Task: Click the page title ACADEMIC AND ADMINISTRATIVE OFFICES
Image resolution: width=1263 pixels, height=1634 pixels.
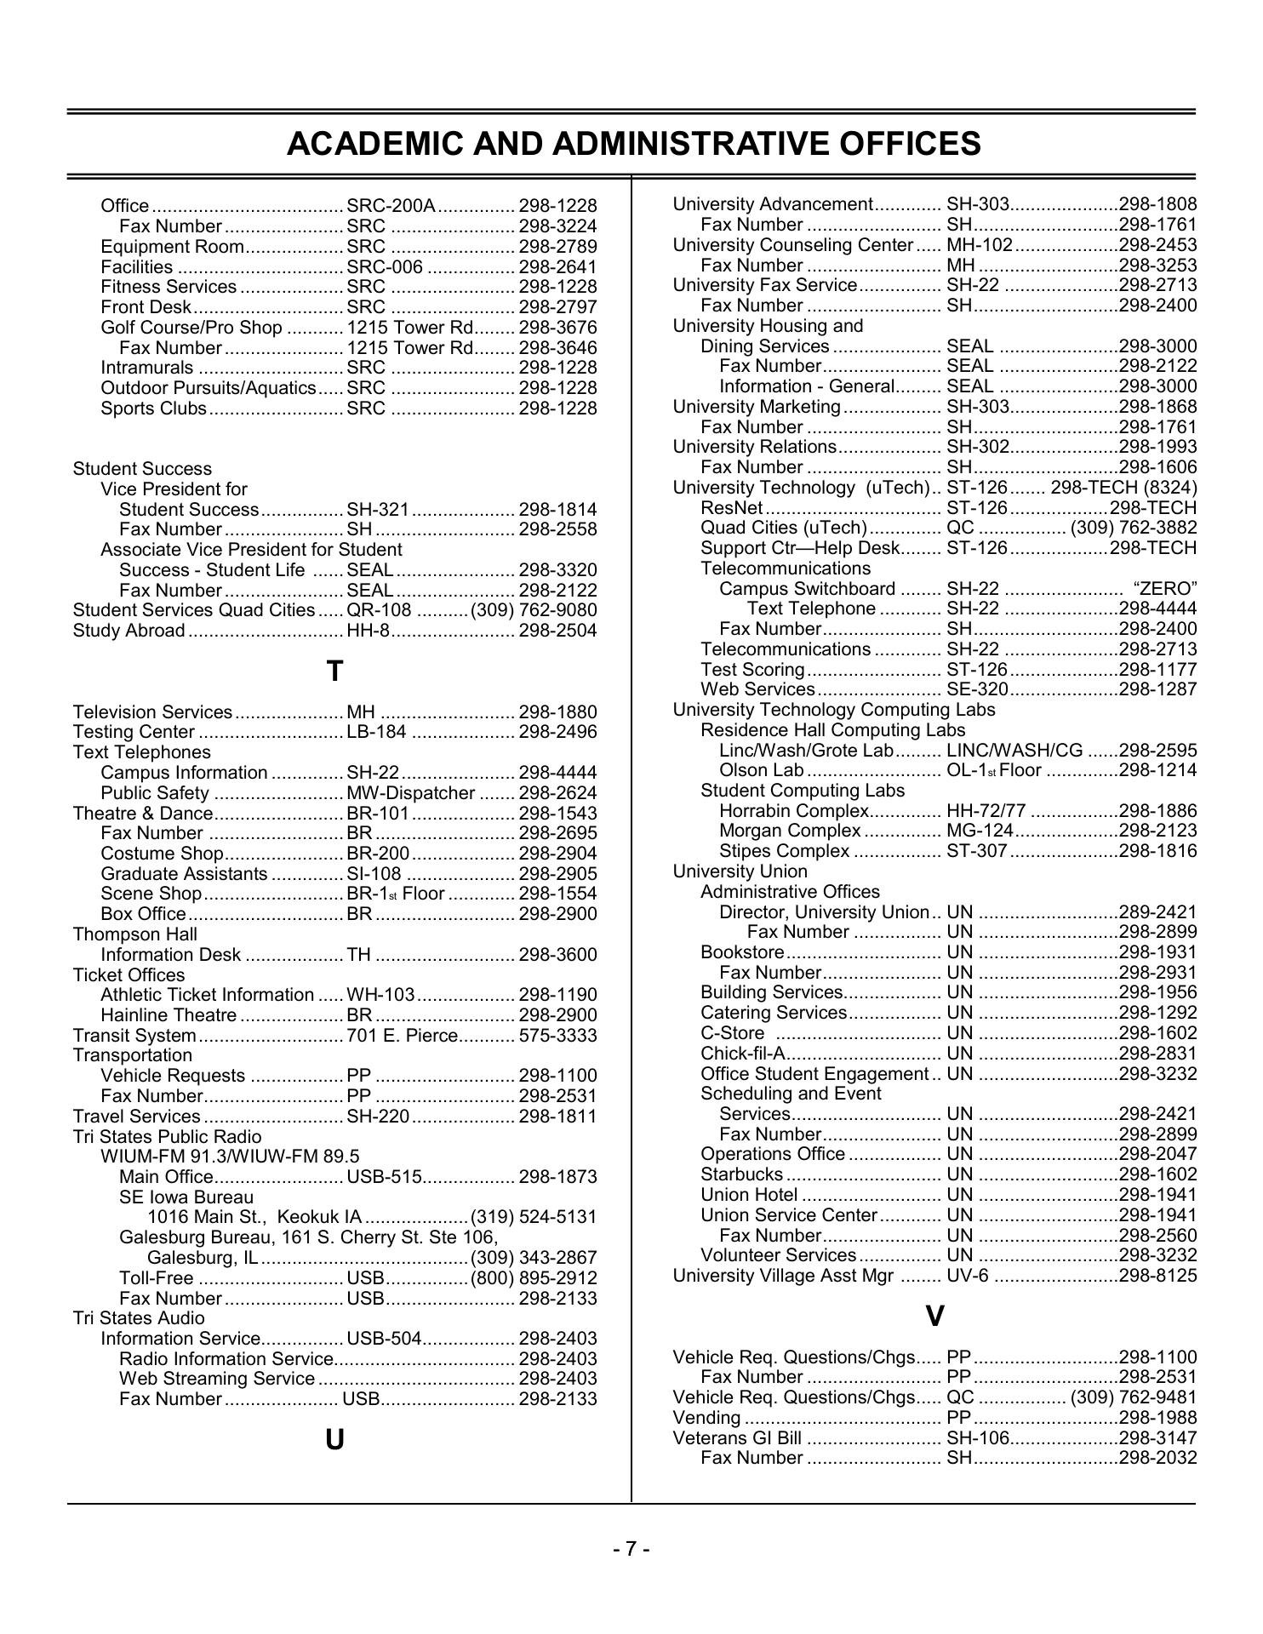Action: coord(633,144)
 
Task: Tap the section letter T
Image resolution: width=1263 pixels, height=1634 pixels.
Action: coord(334,671)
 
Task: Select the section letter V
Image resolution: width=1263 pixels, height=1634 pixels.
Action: coord(934,1317)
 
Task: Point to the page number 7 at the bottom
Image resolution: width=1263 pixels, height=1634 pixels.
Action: coord(631,1549)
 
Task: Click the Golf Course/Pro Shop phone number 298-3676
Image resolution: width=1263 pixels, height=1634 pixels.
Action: coord(557,328)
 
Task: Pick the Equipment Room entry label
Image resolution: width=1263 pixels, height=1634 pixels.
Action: coord(172,247)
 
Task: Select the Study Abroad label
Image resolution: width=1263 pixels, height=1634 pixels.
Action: coord(129,631)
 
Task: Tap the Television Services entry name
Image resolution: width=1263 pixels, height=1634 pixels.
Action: coord(152,711)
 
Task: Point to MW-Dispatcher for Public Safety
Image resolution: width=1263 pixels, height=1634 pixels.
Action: coord(410,793)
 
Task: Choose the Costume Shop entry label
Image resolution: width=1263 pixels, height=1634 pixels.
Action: coord(162,854)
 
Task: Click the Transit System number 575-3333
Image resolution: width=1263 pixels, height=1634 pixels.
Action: coord(557,1036)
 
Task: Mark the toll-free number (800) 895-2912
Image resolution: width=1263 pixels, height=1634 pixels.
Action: coord(534,1278)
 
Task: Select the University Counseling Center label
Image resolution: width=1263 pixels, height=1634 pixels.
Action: coord(792,245)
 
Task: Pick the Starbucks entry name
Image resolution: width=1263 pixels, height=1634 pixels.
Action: coord(741,1174)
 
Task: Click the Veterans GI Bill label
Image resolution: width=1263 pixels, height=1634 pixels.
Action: coord(737,1438)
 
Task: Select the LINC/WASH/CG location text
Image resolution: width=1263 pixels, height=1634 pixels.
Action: coord(1014,751)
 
